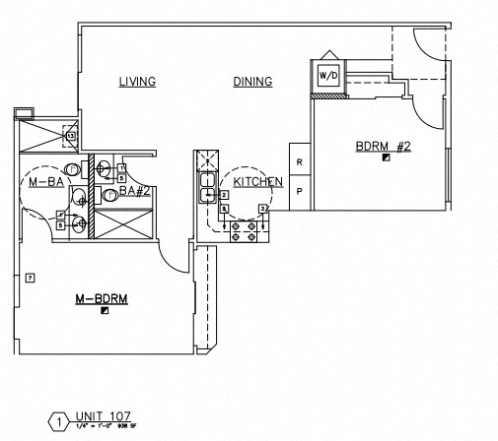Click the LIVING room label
coord(137,82)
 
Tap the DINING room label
coord(252,82)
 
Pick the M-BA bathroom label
coord(45,183)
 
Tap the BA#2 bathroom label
coord(134,191)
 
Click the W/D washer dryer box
coord(327,75)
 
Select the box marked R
coord(299,160)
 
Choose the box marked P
coord(299,193)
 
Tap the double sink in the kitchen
coord(207,188)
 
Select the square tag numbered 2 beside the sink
coord(225,195)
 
